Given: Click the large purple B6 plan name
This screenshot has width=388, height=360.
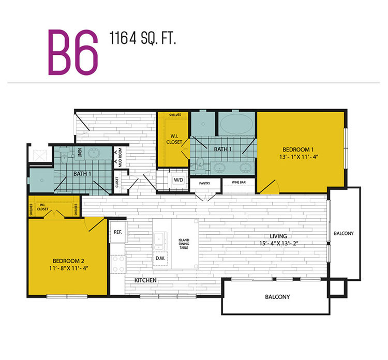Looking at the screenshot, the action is pos(73,52).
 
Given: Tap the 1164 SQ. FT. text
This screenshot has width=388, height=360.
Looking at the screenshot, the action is pos(143,38).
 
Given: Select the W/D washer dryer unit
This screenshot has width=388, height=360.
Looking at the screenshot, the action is pos(178,180).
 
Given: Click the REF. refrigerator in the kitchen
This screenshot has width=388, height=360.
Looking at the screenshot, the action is pos(118,232).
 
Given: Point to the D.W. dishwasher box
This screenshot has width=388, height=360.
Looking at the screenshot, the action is pos(160,258).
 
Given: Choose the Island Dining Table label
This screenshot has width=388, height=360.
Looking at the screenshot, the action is pos(184,244).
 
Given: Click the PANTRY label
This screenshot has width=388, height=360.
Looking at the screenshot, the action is pos(205,183).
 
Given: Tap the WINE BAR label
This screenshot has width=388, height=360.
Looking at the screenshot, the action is pos(239,183).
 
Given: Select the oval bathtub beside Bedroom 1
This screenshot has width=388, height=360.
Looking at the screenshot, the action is pos(237,124).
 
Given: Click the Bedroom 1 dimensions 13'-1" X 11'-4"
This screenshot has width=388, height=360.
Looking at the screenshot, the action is pos(299,157).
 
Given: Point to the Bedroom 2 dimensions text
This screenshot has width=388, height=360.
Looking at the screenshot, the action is pos(68,268).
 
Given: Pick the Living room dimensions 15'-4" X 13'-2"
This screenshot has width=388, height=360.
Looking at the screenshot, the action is pos(278,244).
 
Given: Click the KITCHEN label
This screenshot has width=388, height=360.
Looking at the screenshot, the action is pos(145,280).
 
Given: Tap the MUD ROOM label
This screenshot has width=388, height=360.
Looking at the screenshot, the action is pos(120,157).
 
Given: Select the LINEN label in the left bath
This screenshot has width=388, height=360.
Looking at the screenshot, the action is pos(80,153).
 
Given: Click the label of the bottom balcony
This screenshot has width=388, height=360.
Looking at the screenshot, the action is pos(277,297).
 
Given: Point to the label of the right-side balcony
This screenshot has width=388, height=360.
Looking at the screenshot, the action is pos(344,233).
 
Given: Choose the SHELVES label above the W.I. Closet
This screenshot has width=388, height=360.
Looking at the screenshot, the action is pos(175,115).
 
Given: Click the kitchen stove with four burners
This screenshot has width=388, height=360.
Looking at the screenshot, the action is pos(118,264).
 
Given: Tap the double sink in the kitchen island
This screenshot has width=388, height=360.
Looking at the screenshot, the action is pos(158,241).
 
